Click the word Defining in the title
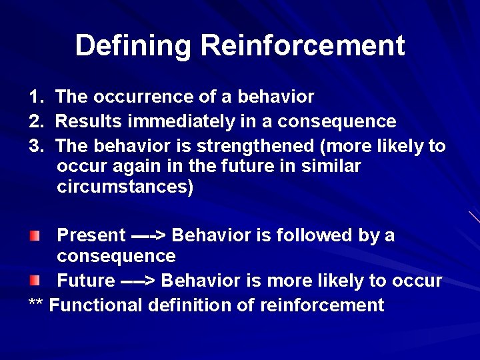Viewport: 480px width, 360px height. [134, 45]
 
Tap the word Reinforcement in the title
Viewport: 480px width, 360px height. [303, 45]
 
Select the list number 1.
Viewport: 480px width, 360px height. [35, 97]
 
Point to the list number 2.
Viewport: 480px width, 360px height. [35, 121]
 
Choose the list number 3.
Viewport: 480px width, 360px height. [35, 145]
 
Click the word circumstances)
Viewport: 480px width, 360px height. [125, 187]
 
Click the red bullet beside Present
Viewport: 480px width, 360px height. [35, 235]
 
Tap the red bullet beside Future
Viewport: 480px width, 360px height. [35, 280]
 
